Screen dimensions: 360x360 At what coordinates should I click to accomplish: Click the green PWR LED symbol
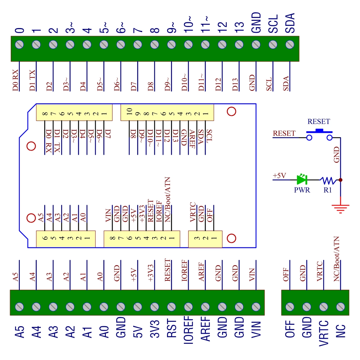pyautogui.click(x=302, y=179)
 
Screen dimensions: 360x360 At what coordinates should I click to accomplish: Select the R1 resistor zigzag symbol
pyautogui.click(x=328, y=179)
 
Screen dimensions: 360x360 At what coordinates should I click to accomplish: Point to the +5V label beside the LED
pyautogui.click(x=280, y=175)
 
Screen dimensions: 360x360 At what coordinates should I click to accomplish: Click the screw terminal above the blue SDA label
pyautogui.click(x=290, y=45)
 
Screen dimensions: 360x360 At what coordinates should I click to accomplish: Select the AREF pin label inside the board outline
pyautogui.click(x=192, y=137)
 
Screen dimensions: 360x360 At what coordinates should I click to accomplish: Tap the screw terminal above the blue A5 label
pyautogui.click(x=20, y=307)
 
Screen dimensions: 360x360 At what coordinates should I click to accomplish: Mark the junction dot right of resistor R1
pyautogui.click(x=341, y=179)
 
